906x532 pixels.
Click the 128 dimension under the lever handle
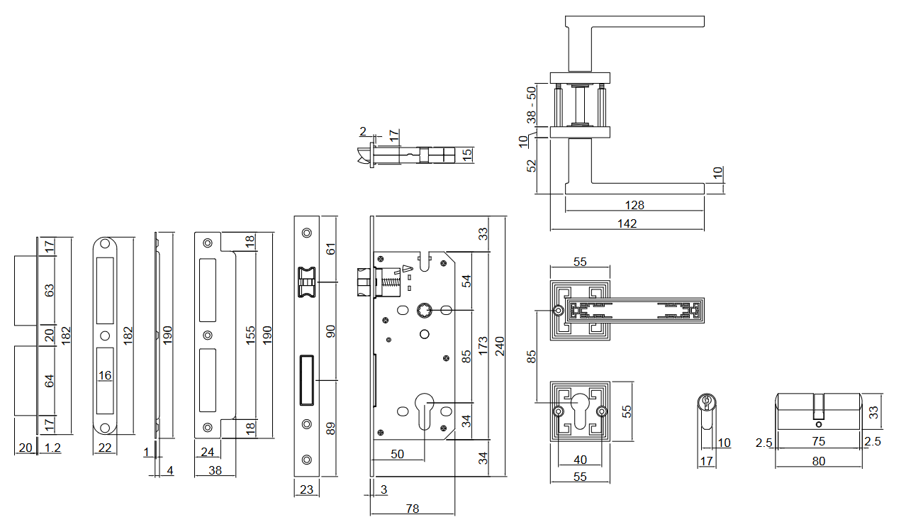[634, 205]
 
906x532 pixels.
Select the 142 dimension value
[627, 223]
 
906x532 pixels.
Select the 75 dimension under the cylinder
[818, 441]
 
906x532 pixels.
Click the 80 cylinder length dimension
[818, 461]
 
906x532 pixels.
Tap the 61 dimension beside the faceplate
[330, 249]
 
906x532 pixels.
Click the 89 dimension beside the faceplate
[330, 428]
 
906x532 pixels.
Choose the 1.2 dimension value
[52, 448]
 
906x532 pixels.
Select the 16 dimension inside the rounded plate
[105, 375]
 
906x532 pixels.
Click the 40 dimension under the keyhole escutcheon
[580, 460]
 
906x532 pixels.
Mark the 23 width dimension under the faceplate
[306, 488]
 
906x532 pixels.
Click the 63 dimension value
[49, 291]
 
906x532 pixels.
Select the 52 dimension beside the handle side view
[532, 165]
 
